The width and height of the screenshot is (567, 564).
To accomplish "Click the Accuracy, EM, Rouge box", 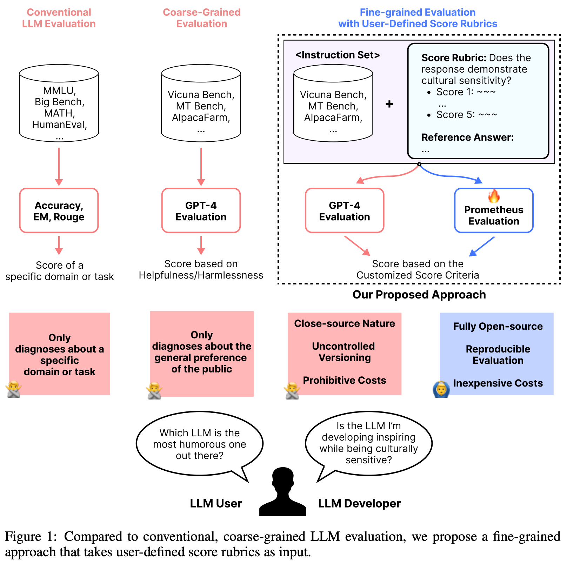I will tap(59, 210).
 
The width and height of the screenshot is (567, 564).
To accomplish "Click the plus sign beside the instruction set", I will tap(389, 104).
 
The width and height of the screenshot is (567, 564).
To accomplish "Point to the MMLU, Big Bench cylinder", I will tap(59, 103).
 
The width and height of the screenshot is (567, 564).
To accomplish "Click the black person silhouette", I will tap(283, 493).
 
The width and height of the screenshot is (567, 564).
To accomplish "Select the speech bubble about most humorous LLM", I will tap(199, 444).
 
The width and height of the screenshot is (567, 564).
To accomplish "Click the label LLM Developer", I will tap(359, 503).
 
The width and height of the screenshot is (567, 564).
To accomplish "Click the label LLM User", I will tap(216, 503).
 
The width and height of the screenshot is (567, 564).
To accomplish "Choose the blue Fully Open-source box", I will tap(497, 354).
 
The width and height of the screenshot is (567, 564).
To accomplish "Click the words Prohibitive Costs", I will tap(344, 380).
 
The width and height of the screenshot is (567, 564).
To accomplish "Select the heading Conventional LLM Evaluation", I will tap(59, 18).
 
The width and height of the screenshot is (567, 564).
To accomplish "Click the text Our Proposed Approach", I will tap(419, 295).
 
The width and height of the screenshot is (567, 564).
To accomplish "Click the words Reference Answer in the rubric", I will tap(467, 137).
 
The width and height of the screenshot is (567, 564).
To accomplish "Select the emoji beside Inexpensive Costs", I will tap(441, 389).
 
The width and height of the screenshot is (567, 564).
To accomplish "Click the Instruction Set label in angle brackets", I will tap(338, 55).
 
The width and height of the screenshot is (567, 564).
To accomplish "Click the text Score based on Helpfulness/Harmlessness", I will tap(201, 269).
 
